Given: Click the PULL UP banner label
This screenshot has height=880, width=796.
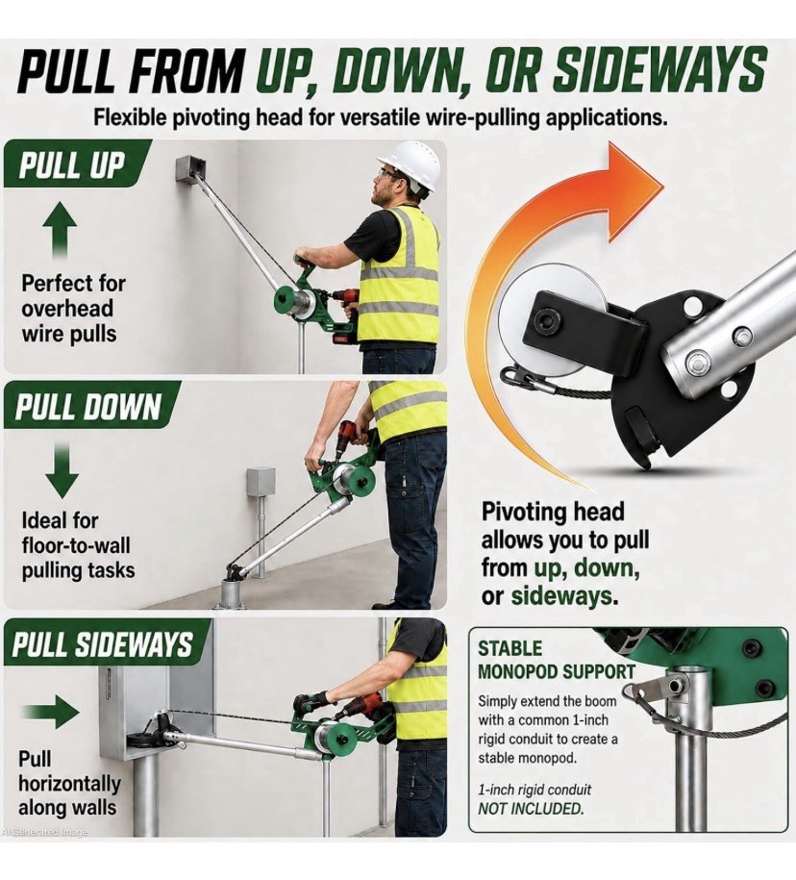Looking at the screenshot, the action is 72,165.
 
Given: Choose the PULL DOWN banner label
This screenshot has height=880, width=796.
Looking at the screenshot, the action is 88,406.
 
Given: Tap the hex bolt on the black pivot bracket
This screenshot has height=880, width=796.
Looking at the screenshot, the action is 543,320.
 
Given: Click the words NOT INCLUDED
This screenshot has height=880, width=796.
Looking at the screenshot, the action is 530,809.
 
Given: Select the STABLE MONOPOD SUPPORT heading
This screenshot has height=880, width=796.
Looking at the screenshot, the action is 556,660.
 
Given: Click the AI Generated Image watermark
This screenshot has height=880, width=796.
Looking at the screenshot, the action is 44,832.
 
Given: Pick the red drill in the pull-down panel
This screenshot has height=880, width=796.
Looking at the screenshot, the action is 350,440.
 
